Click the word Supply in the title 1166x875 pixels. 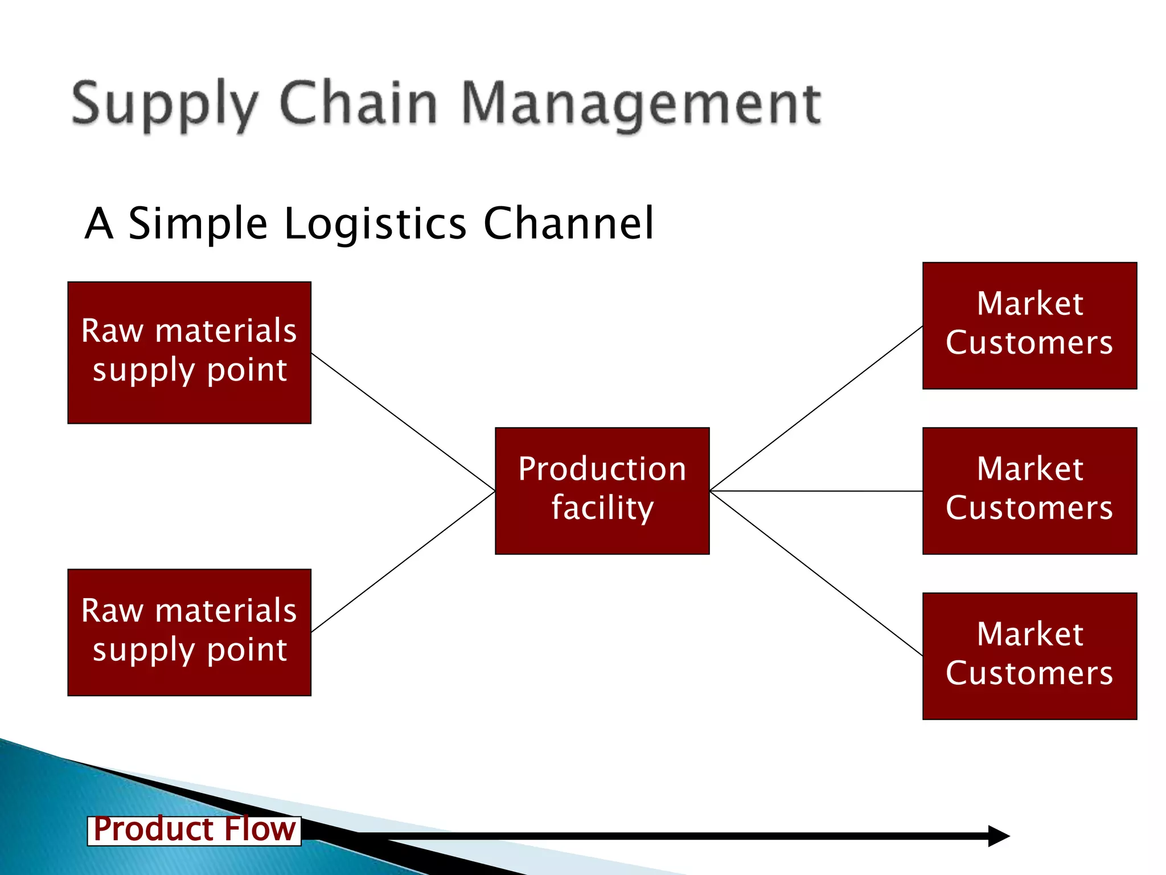(x=165, y=105)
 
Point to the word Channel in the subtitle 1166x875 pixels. (x=569, y=223)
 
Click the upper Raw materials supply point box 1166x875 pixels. (x=189, y=353)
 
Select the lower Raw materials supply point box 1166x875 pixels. (x=189, y=632)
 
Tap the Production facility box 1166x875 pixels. (x=602, y=490)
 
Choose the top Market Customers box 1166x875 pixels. (x=1029, y=325)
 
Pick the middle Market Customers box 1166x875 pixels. (x=1029, y=490)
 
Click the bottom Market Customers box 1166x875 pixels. (x=1029, y=656)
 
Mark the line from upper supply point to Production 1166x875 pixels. (x=403, y=422)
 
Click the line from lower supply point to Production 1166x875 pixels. (x=403, y=561)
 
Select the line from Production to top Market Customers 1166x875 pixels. (x=816, y=408)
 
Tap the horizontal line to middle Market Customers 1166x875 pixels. (x=816, y=490)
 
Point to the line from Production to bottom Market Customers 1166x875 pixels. (x=816, y=573)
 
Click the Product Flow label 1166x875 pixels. (x=194, y=830)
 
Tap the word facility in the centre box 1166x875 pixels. (x=602, y=509)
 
